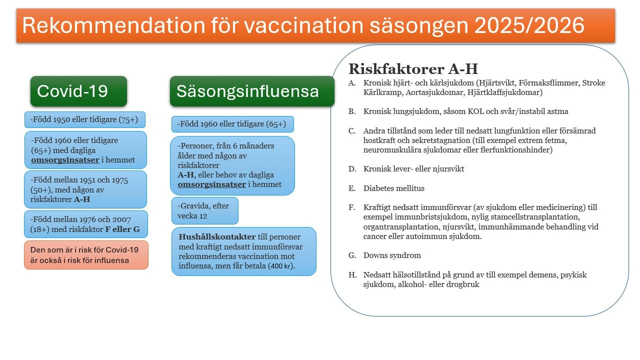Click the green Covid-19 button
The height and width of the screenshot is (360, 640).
pyautogui.click(x=78, y=91)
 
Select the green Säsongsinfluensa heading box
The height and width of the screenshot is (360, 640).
pyautogui.click(x=251, y=91)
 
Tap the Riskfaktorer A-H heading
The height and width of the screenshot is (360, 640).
pyautogui.click(x=413, y=68)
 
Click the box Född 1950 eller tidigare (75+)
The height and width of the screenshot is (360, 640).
pyautogui.click(x=85, y=120)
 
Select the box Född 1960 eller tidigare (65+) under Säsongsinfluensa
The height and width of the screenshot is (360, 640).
pyautogui.click(x=232, y=124)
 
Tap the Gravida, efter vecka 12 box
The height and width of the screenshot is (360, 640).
pyautogui.click(x=204, y=210)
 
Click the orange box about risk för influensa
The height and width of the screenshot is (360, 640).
pyautogui.click(x=86, y=255)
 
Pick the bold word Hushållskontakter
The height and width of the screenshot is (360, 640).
pyautogui.click(x=217, y=236)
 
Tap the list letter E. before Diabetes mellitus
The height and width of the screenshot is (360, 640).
pyautogui.click(x=352, y=188)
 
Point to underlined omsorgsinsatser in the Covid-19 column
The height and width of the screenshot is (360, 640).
pyautogui.click(x=65, y=160)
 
